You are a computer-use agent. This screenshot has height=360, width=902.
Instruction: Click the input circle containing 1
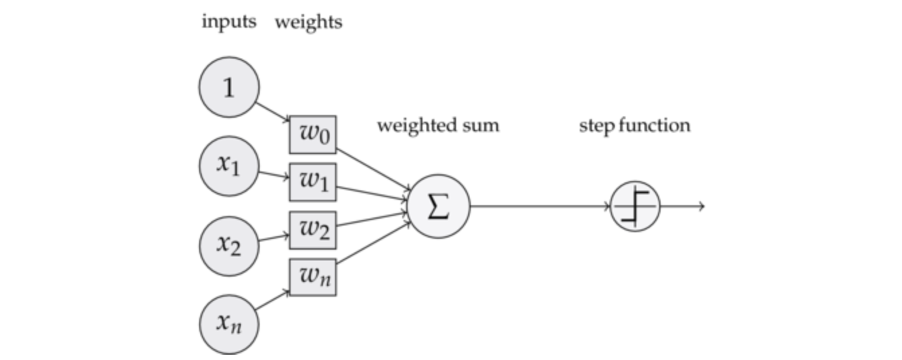(x=229, y=87)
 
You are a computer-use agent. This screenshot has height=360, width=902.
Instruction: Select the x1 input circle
(x=229, y=166)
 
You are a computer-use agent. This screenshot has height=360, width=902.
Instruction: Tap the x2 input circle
(x=229, y=246)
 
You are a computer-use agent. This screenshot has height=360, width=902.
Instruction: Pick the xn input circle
(x=229, y=324)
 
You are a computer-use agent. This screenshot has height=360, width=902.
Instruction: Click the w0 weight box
(x=313, y=135)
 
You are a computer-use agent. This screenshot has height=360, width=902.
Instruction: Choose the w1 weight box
(x=313, y=182)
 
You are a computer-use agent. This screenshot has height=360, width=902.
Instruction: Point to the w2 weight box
(x=313, y=230)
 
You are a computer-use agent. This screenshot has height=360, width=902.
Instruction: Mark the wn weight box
(x=313, y=277)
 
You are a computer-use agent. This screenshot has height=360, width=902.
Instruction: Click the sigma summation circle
(x=439, y=206)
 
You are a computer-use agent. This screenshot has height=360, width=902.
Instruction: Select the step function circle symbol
(x=636, y=206)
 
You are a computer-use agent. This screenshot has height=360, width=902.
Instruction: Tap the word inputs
(x=229, y=22)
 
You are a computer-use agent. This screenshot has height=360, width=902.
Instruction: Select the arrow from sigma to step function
(x=540, y=206)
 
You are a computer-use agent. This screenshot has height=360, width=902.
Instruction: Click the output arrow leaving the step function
(x=683, y=206)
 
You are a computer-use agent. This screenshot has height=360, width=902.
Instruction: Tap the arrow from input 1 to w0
(x=273, y=112)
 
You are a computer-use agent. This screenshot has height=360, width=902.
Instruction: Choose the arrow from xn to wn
(x=272, y=301)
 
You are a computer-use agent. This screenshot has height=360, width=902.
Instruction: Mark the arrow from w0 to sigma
(x=374, y=169)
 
